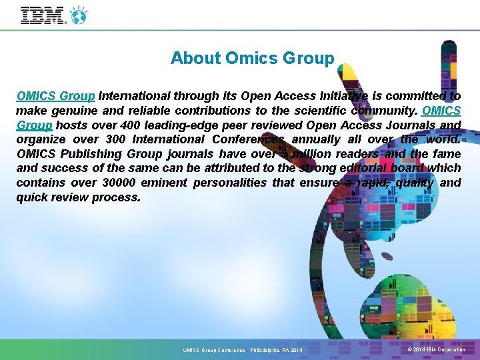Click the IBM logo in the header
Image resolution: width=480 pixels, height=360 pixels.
(x=44, y=15)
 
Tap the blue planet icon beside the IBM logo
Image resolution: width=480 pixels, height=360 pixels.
(x=79, y=14)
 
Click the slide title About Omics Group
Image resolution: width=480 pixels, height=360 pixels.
(x=252, y=59)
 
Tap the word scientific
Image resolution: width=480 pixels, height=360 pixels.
(x=305, y=110)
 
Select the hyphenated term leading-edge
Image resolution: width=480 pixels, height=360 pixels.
(x=180, y=125)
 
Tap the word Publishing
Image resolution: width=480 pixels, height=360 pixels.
(x=91, y=153)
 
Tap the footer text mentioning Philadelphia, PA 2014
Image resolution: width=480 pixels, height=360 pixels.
(x=243, y=350)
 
